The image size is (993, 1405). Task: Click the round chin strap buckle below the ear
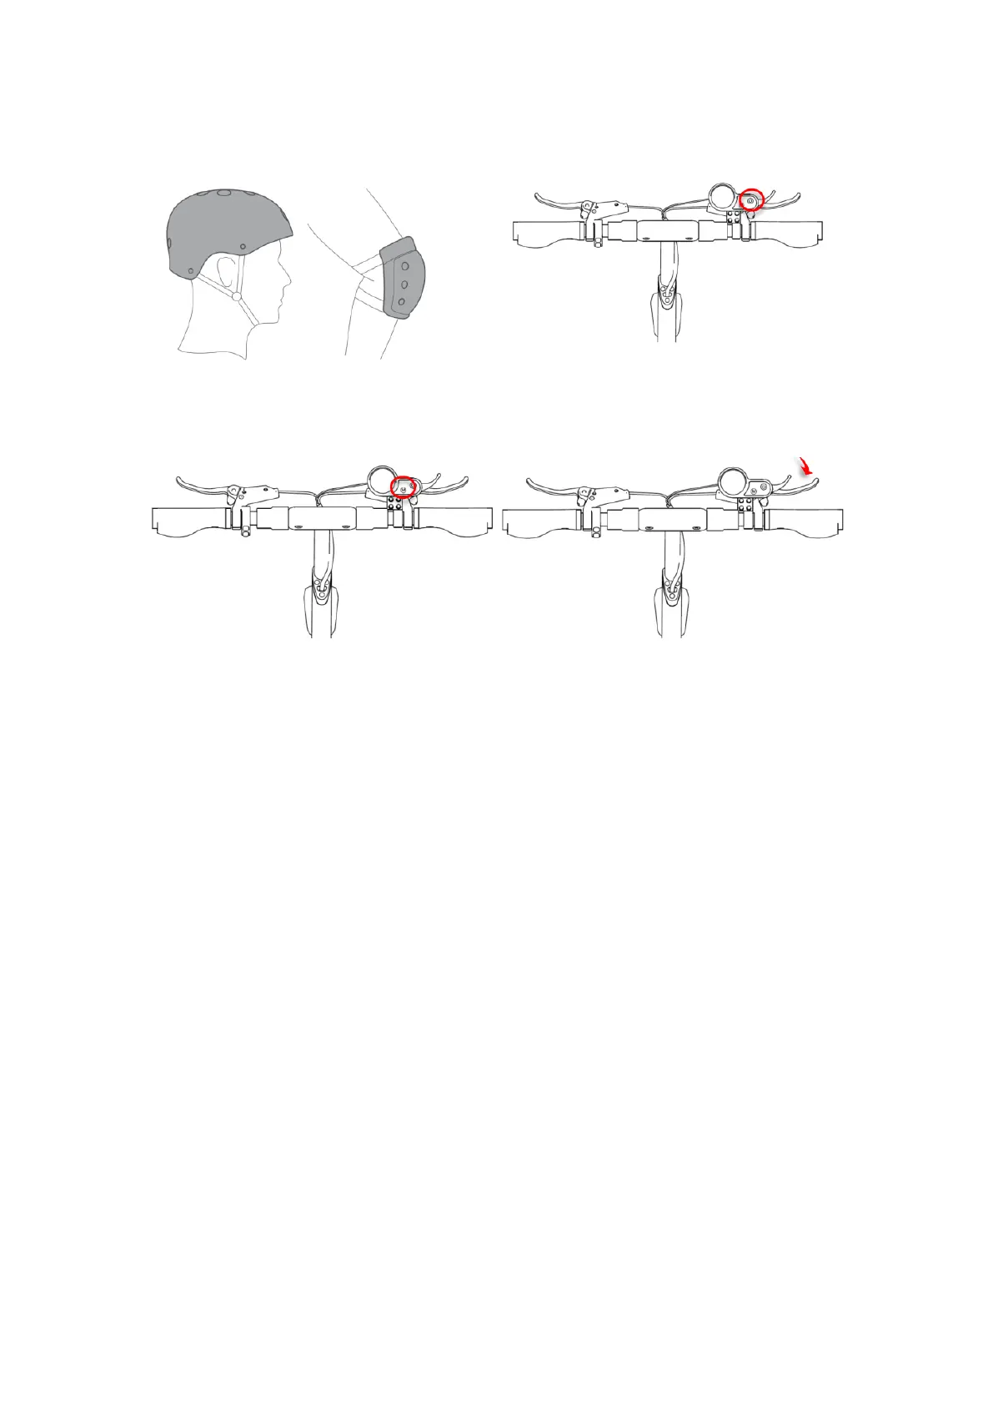[237, 296]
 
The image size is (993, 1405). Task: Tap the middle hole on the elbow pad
[404, 285]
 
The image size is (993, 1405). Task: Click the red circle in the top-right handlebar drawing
[751, 201]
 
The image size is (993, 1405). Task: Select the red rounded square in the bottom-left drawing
[404, 486]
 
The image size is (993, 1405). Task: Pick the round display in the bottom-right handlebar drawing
[732, 483]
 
